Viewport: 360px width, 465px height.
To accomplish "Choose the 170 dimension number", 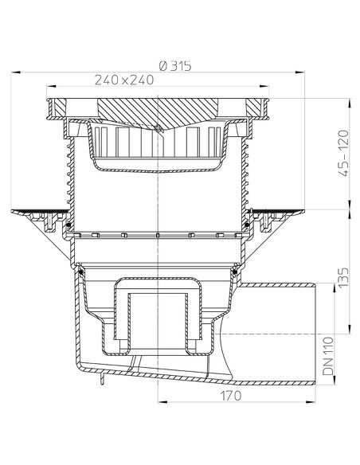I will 231,416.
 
